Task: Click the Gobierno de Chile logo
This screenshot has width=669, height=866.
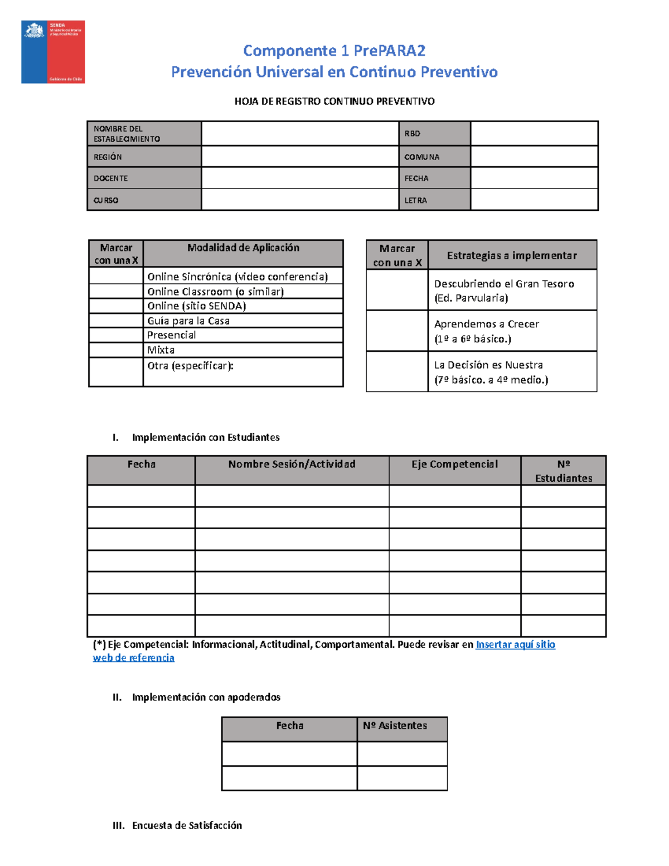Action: coord(53,52)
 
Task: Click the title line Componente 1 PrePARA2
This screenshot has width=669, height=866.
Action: coord(334,51)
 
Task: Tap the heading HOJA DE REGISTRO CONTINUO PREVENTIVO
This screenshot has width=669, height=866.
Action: coord(334,101)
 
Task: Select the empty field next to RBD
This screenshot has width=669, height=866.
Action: coord(534,134)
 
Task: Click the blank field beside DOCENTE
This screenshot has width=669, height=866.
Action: coord(300,178)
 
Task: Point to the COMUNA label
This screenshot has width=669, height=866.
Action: coord(422,157)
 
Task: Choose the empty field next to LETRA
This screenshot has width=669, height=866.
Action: coord(534,200)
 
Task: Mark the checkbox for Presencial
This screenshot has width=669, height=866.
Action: coord(116,335)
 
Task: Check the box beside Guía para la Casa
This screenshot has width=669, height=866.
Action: coord(116,321)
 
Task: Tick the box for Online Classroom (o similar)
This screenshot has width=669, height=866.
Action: coord(116,292)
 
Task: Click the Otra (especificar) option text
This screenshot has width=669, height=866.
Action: coord(190,366)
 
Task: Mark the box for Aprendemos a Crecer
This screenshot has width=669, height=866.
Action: coord(397,331)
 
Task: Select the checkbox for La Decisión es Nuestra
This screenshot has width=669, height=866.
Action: coord(397,372)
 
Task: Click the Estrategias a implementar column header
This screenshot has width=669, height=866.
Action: coord(512,255)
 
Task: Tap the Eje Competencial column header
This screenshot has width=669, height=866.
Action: coord(454,465)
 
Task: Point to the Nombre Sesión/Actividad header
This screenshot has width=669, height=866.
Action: coord(292,465)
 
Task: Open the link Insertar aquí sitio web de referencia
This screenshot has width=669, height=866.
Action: coord(515,645)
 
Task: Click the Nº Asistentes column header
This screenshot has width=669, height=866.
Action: coord(395,725)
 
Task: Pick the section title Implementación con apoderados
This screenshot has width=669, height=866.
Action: coord(206,697)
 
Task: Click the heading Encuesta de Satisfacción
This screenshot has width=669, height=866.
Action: coord(187,825)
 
